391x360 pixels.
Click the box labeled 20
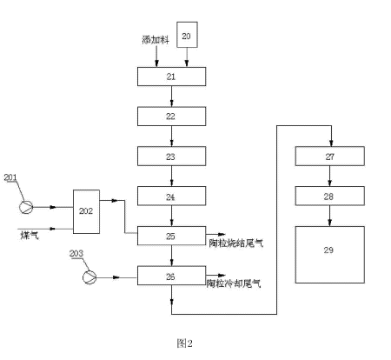pos(189,37)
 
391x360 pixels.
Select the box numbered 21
pos(171,77)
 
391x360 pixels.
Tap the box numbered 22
pos(171,116)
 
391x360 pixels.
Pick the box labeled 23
pos(171,157)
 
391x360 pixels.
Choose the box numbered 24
pos(171,197)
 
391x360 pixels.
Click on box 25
pos(171,236)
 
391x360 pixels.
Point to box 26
pos(171,277)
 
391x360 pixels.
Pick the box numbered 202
pos(85,210)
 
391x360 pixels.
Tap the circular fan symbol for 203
pos(88,277)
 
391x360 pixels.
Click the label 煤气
pos(30,234)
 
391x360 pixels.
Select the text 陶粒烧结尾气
pos(235,243)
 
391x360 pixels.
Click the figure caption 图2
pos(183,343)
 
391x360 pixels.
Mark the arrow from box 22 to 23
pos(171,136)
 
